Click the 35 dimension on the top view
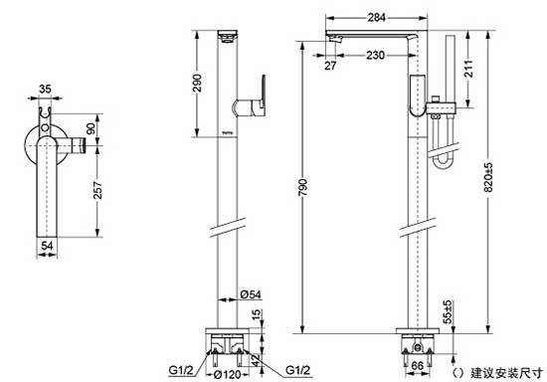click(44, 89)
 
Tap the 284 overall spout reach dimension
click(376, 18)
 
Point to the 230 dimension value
click(375, 55)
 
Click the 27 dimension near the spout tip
click(329, 66)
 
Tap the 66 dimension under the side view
click(418, 367)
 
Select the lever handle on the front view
click(252, 100)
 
